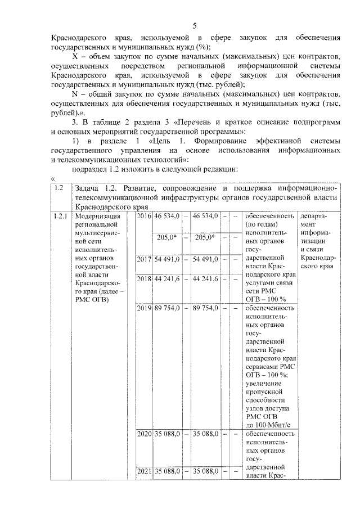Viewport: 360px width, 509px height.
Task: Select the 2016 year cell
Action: click(145, 216)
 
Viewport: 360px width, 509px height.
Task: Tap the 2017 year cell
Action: click(145, 259)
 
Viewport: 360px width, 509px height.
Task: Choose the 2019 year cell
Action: click(145, 308)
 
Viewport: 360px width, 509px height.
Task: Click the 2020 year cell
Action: click(145, 434)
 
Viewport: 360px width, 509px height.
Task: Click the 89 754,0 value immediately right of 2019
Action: click(167, 308)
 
